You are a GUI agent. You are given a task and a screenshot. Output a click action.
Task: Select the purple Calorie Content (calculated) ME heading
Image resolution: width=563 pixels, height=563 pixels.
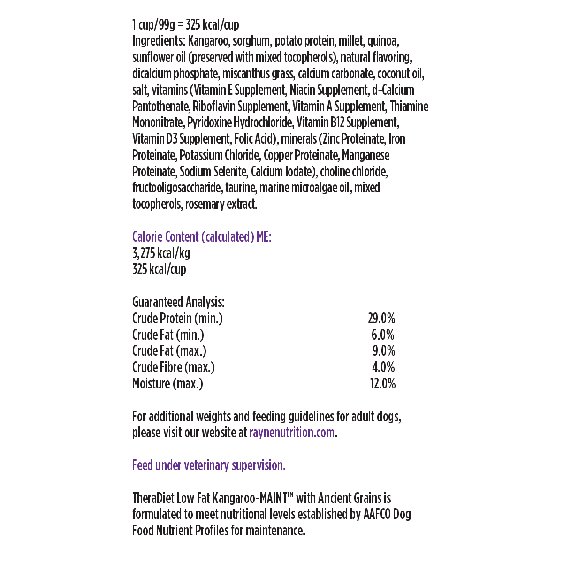pos(202,237)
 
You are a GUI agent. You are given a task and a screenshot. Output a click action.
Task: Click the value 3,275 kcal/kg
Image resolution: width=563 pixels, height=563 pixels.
pos(161,253)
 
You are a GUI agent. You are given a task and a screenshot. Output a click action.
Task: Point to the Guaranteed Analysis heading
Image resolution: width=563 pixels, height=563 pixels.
pos(178,302)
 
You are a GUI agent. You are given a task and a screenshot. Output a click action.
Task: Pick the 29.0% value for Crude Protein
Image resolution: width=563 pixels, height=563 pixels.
pos(381,319)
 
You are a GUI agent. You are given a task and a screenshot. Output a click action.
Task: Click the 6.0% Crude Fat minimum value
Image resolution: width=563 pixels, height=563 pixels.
pos(383,335)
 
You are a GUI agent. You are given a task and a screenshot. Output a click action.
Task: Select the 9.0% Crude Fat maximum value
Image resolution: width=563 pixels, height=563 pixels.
pos(383,351)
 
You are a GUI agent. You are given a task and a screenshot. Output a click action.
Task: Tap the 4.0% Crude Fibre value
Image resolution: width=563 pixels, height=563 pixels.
pos(383,367)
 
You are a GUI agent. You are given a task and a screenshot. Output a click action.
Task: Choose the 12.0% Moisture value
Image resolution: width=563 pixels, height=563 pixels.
pos(382,384)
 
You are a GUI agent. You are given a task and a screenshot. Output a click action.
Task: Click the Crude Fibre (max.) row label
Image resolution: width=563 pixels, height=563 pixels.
pos(174,367)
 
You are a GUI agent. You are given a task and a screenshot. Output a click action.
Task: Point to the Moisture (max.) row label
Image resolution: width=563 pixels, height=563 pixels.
pos(167,384)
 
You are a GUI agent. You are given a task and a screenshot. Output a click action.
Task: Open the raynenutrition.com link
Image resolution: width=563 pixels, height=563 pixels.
pos(292,432)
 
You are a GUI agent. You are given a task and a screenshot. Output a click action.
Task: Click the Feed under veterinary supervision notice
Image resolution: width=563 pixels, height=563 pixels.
pos(209,465)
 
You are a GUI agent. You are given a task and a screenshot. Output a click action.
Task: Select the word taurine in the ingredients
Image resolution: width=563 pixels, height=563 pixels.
pos(240,188)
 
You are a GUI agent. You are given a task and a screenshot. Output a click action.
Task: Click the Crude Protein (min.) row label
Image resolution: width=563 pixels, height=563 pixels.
pos(177,319)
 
